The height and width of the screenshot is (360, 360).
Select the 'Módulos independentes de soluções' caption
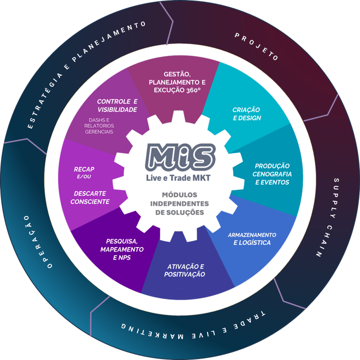pos(180,203)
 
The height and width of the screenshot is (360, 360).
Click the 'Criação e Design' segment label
pos(247,114)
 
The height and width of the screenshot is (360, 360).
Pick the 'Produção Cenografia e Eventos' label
pos(272,174)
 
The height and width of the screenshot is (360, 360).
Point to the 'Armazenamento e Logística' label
pos(252,239)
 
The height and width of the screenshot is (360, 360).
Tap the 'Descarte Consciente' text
pos(90,197)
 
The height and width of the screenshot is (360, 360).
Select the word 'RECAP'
pos(84,169)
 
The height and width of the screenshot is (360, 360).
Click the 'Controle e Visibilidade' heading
pos(117,105)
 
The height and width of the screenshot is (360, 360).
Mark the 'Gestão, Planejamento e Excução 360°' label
pos(177,82)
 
